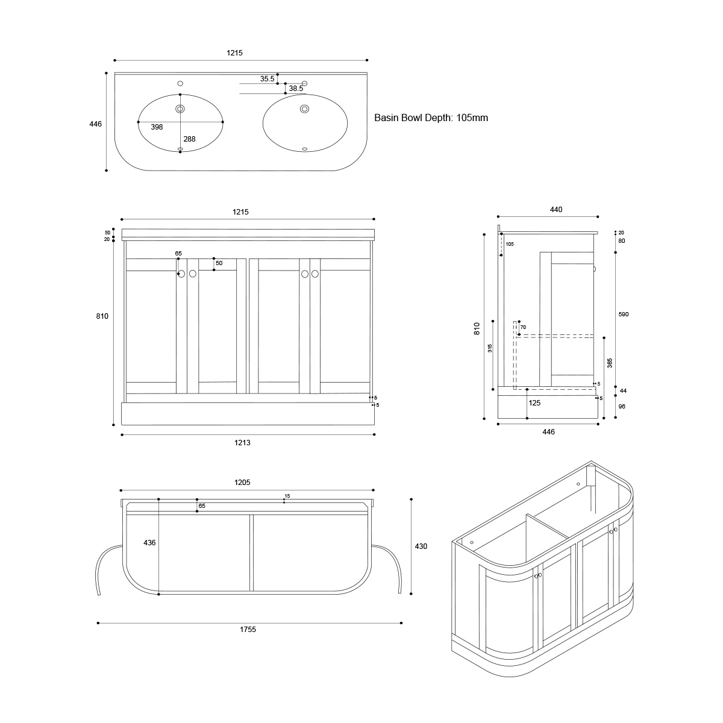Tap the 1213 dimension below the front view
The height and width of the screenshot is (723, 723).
click(x=242, y=442)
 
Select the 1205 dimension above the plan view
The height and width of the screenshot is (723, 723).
click(x=242, y=482)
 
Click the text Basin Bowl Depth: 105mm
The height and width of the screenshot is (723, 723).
click(x=431, y=118)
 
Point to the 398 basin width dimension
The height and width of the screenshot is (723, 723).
click(x=157, y=127)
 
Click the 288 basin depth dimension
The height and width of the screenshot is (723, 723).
click(x=189, y=139)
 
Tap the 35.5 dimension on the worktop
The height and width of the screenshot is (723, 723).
click(x=267, y=79)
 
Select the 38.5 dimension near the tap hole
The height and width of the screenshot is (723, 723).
click(x=296, y=89)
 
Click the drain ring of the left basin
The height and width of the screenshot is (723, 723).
click(x=180, y=109)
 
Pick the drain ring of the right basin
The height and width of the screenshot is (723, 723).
click(x=304, y=109)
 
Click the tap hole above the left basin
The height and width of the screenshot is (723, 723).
click(x=180, y=83)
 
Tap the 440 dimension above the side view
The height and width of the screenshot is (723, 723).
click(x=556, y=209)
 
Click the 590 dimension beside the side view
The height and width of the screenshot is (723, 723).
click(x=623, y=315)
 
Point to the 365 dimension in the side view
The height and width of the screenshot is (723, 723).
click(x=610, y=363)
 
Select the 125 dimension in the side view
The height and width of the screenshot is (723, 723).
click(x=534, y=402)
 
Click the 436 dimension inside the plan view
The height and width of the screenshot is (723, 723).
click(x=149, y=542)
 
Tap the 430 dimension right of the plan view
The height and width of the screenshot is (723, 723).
click(x=421, y=546)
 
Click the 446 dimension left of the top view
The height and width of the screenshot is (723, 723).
click(x=95, y=124)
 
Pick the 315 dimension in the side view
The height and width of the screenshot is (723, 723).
click(x=490, y=348)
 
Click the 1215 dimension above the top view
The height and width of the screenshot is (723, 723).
click(x=234, y=53)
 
